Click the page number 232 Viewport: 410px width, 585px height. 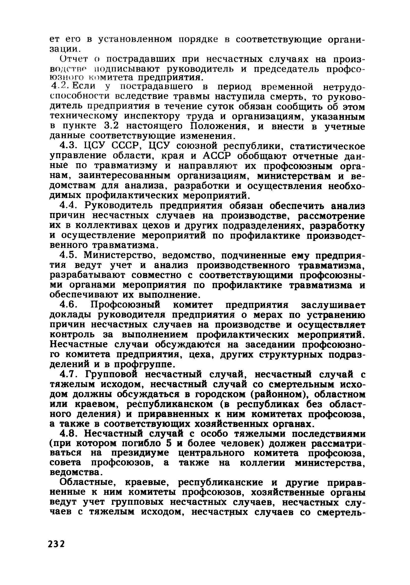[x=56, y=544]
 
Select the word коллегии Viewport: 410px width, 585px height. [x=262, y=463]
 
